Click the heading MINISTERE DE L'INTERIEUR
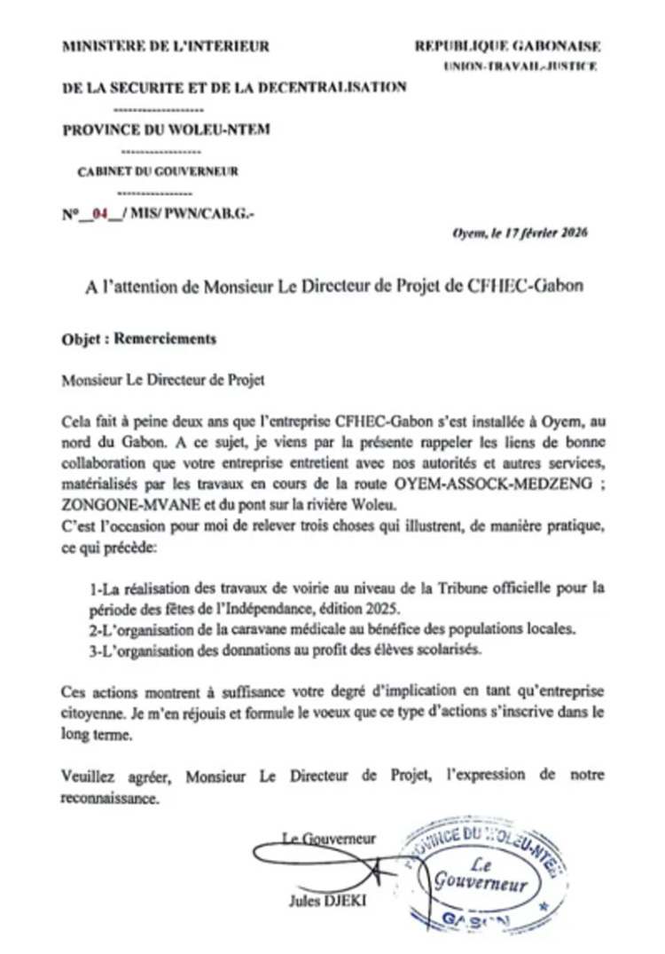click(165, 46)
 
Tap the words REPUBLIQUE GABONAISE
click(507, 46)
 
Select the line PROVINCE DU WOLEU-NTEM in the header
click(167, 130)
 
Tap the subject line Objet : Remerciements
click(139, 339)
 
